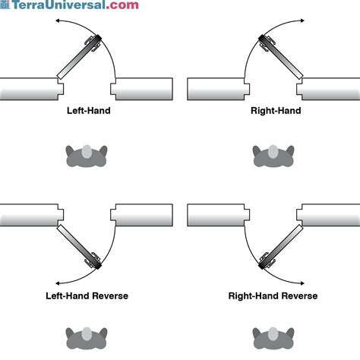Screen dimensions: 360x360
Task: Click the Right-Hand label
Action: [x=276, y=111]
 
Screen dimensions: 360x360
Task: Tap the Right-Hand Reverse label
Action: [x=273, y=295]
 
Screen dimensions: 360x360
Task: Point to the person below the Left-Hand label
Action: [x=86, y=155]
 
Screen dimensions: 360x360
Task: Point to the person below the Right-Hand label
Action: [x=273, y=155]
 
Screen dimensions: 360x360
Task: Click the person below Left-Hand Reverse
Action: [x=86, y=339]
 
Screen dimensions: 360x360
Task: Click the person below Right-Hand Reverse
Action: [x=273, y=339]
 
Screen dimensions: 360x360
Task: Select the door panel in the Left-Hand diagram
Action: [x=79, y=58]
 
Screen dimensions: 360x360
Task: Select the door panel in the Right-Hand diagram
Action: [x=280, y=58]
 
